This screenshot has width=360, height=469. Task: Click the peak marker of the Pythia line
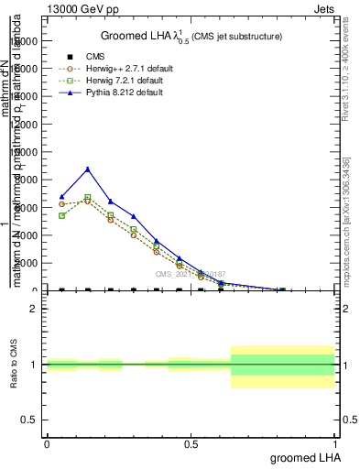click(x=87, y=169)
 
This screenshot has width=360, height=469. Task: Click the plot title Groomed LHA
click(x=191, y=36)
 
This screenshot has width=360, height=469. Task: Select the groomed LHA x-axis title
click(x=303, y=457)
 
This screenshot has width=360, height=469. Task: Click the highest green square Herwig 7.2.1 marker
click(x=87, y=197)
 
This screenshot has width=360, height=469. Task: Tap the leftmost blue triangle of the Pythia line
click(x=61, y=197)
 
